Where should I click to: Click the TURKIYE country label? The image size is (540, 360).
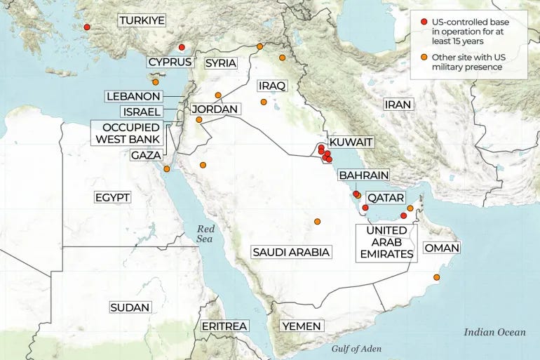coord(142,20)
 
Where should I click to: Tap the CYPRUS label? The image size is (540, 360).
coord(170,62)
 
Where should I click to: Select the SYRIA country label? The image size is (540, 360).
coord(220,63)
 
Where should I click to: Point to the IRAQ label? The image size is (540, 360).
coord(272,86)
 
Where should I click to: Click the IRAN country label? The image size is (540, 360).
coord(398,105)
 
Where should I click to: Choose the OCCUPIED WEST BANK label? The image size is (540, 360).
coord(129,133)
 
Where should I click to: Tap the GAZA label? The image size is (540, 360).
coord(147,154)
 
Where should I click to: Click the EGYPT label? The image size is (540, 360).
coord(112,197)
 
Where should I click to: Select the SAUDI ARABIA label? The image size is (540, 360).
coord(291,252)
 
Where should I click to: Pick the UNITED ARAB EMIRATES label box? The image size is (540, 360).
coord(386,242)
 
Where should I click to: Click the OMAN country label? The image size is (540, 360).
coord(442,248)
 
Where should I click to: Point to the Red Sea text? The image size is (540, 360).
coord(205,234)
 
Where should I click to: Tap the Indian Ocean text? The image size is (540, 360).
coord(494,332)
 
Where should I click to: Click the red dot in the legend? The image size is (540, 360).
coord(424,22)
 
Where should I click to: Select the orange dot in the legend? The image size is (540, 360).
coord(424,57)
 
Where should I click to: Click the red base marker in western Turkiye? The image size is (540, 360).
coord(87,27)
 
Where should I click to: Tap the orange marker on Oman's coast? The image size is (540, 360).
coord(437,278)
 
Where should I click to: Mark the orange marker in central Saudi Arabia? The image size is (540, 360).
coord(317,221)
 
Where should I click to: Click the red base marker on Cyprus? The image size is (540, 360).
coord(182,48)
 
